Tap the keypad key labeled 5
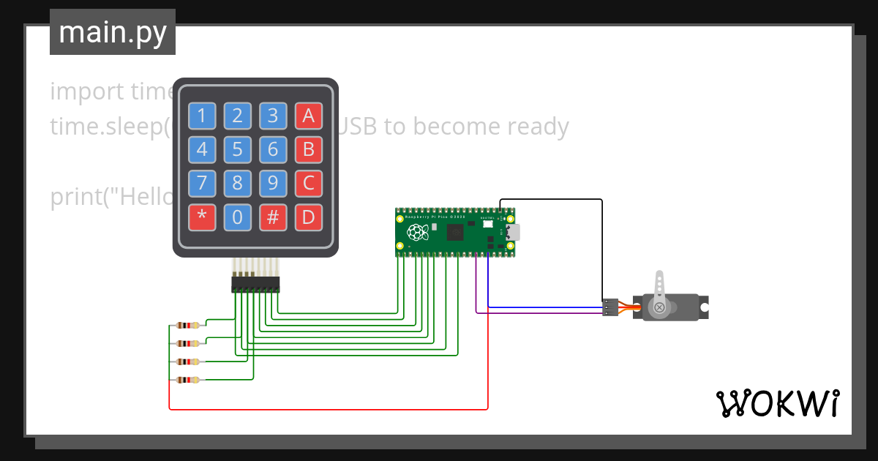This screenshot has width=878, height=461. [x=237, y=150]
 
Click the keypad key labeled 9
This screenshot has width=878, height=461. [x=273, y=183]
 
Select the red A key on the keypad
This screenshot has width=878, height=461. [x=308, y=116]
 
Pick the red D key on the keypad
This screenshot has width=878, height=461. [x=308, y=217]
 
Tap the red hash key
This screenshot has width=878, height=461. [x=273, y=217]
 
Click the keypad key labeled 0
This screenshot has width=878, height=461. [x=237, y=217]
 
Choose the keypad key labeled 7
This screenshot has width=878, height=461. [x=202, y=183]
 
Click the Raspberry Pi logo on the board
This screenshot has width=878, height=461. [x=418, y=233]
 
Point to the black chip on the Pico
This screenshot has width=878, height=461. [x=454, y=233]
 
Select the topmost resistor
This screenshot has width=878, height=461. [x=188, y=325]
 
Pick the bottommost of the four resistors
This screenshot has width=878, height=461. [x=188, y=380]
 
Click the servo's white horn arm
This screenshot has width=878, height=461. [x=659, y=290]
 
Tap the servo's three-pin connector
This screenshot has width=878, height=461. [x=609, y=307]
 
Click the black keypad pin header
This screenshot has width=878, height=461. [x=255, y=284]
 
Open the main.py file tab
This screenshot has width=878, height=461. [x=113, y=32]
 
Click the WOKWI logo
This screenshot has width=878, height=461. [x=777, y=403]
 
